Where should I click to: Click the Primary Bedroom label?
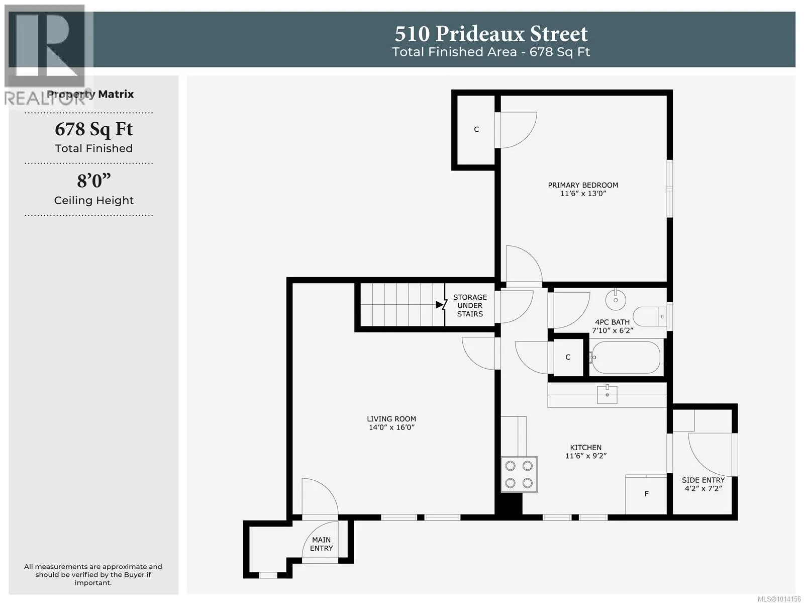pos(583,185)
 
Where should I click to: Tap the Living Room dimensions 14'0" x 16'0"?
pos(391,427)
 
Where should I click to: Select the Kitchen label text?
pos(585,447)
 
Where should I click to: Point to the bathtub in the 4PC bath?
pos(626,358)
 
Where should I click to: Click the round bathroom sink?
pos(616,300)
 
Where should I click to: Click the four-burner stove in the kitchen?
pos(519,474)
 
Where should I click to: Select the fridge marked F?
pos(646,495)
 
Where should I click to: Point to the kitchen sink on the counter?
pos(607,394)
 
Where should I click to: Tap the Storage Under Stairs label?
pos(470,305)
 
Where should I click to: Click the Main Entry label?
pos(321,544)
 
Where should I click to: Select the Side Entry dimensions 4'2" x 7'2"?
pos(703,488)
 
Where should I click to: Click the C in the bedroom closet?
pos(476,129)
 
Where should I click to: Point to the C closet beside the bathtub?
pos(568,357)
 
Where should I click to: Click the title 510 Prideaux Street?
pos(491,34)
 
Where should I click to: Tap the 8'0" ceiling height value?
pos(94,181)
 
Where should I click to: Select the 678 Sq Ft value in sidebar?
pos(94,129)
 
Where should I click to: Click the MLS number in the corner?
pos(779,598)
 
